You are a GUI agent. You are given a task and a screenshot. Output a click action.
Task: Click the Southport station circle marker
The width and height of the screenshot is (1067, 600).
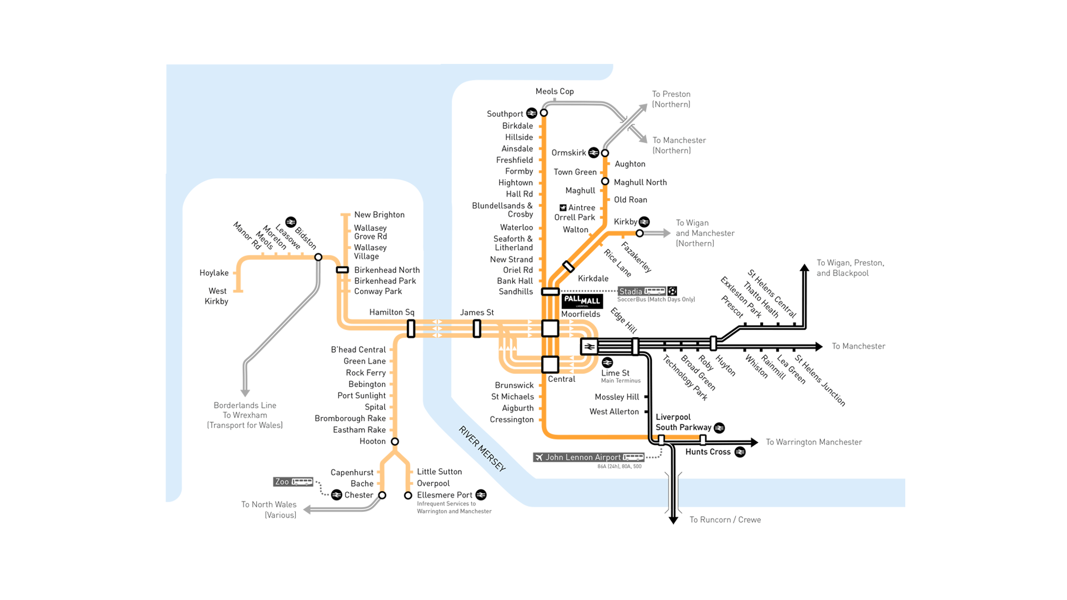544,113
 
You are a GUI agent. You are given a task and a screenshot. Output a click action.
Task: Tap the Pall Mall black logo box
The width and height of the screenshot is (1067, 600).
582,301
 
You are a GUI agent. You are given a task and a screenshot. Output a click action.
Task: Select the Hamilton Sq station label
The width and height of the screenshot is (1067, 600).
392,312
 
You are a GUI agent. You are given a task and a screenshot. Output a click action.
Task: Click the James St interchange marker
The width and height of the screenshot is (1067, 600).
477,328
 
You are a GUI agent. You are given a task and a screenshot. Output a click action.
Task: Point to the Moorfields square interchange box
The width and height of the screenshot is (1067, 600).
550,328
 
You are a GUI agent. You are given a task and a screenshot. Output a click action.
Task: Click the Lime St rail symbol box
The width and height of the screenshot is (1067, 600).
589,347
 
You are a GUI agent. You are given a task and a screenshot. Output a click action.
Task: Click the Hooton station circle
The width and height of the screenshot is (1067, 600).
395,442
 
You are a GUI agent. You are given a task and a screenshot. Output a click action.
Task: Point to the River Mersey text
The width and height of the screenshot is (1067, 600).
482,449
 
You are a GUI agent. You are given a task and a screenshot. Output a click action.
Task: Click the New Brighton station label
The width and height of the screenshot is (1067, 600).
379,215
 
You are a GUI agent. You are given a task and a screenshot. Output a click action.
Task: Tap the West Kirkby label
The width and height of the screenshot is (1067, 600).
217,296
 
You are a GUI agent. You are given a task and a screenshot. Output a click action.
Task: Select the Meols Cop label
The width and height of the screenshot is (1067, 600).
555,92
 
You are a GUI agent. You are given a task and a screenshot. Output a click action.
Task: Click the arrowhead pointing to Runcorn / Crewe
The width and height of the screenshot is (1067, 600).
674,521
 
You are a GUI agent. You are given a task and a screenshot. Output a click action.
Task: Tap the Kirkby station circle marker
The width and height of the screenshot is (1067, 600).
640,233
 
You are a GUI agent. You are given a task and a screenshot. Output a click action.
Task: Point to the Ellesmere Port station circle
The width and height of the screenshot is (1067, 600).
408,495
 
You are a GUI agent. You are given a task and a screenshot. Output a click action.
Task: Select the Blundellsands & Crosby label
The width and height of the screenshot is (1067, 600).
502,210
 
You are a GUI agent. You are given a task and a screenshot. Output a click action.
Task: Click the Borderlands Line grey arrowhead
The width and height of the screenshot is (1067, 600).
245,393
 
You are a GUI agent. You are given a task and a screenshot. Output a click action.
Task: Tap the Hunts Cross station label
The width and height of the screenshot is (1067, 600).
707,452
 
